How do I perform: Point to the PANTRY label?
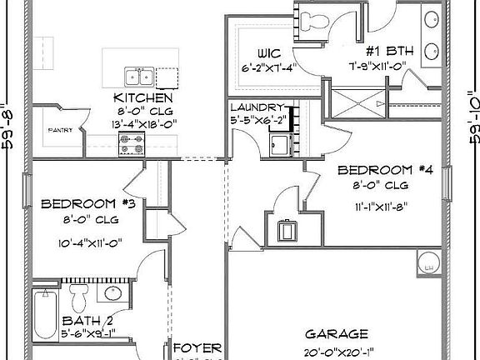pos(59,130)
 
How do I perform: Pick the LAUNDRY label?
pos(260,107)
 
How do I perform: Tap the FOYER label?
pos(197,347)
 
